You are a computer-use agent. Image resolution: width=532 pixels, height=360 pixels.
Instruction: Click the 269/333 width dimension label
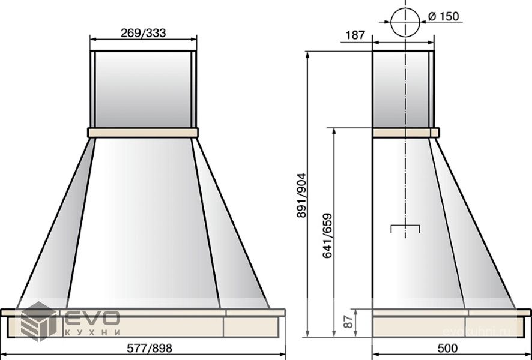pos(143,33)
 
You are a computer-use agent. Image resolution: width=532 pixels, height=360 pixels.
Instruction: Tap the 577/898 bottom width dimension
pos(150,348)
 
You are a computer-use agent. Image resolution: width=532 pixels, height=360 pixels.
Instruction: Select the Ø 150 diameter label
pos(444,16)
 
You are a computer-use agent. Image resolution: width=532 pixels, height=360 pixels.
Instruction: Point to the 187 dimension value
pos(355,35)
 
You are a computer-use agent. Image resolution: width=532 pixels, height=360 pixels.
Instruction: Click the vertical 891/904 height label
pos(301,195)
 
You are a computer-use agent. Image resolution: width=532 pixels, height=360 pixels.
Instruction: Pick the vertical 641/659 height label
pos(327,236)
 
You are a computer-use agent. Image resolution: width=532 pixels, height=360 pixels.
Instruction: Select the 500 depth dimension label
pos(447,348)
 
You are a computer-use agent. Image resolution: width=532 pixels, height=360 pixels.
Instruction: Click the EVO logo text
pos(92,317)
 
